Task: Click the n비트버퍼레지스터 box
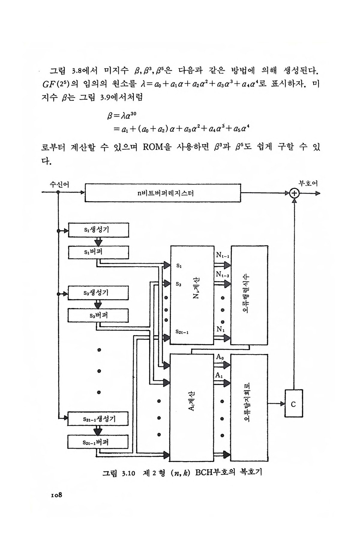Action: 163,193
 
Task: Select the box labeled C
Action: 293,404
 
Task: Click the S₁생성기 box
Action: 98,230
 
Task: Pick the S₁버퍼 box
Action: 98,252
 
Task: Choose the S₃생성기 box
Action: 98,293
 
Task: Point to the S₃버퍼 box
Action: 98,315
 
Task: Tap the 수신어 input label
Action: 59,184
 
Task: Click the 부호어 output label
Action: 308,183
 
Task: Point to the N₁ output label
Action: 220,329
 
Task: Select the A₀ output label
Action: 220,357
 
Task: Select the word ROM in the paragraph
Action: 153,147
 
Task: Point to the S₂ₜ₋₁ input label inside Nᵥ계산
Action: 182,332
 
